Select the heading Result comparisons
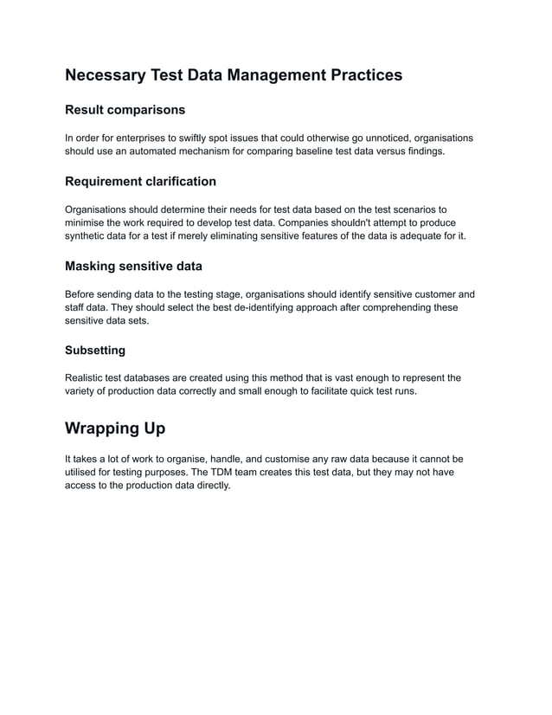coord(125,110)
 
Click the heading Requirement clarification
coord(140,181)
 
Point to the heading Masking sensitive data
coord(133,266)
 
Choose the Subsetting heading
coord(95,350)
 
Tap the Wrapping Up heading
coord(115,428)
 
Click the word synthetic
coord(87,236)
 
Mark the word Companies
coord(293,222)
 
